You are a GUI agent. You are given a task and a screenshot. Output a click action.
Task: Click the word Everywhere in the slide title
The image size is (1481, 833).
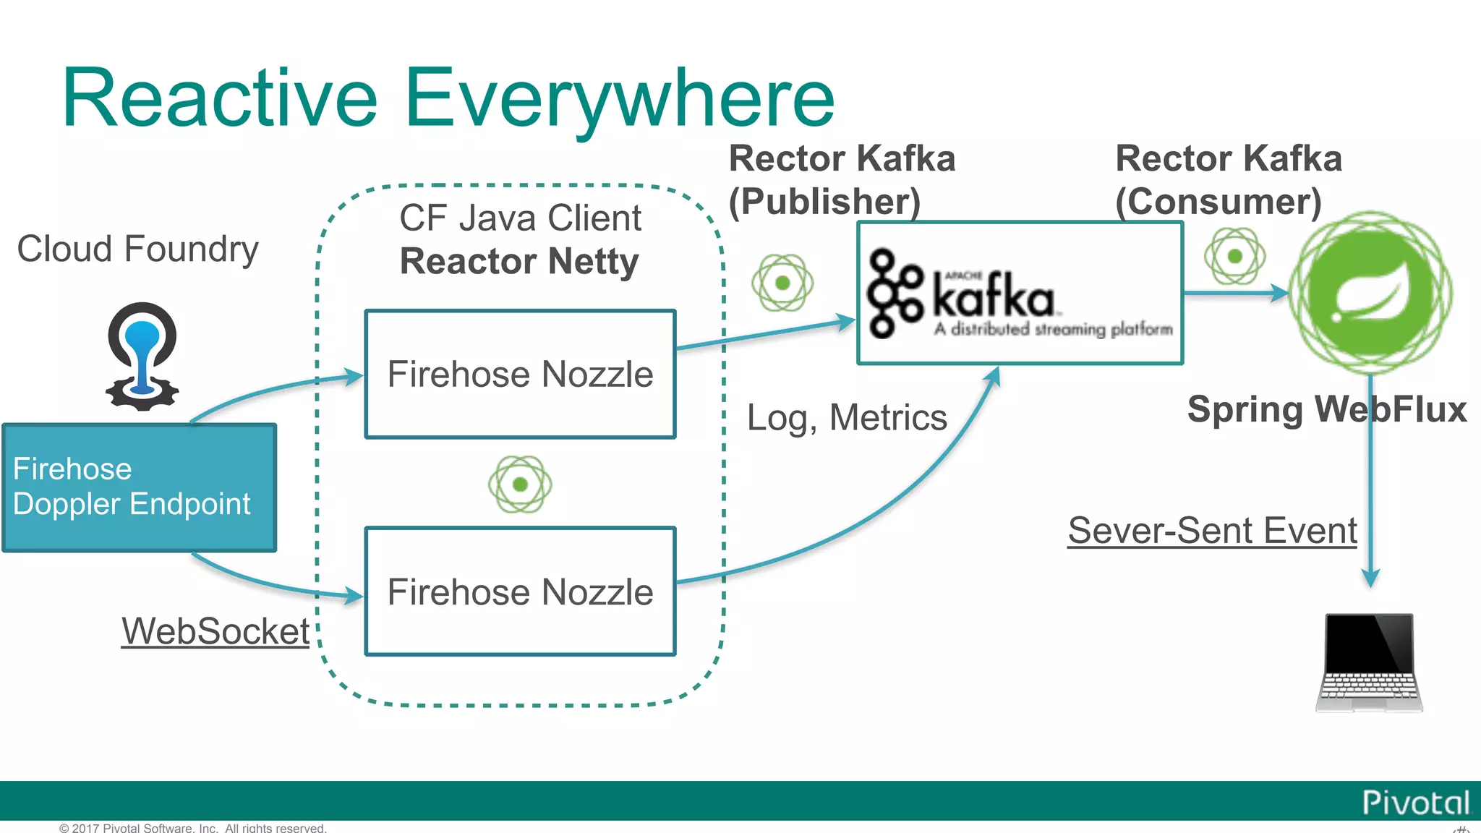(619, 99)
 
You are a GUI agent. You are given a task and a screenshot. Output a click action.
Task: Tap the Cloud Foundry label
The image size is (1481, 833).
(137, 249)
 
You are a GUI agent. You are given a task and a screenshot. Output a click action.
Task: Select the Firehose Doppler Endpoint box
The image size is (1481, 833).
(139, 487)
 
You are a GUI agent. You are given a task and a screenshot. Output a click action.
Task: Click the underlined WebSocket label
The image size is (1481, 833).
(215, 631)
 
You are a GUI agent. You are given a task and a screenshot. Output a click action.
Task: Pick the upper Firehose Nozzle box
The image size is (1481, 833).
(520, 375)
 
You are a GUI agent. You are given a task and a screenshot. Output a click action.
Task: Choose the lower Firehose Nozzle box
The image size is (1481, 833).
(520, 591)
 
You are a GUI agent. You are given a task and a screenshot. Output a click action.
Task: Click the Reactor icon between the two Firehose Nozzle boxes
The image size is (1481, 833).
(520, 484)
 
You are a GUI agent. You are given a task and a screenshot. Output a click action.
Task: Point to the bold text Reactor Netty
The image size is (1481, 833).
(519, 261)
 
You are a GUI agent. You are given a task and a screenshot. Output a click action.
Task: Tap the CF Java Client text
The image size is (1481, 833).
(520, 218)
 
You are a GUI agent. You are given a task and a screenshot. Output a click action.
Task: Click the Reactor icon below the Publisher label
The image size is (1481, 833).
(782, 283)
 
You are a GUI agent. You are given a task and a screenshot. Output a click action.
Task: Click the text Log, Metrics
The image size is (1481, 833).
(847, 417)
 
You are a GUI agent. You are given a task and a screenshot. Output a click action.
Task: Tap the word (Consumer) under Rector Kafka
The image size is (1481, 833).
(1218, 201)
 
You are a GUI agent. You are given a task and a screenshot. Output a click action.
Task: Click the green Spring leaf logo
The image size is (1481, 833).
(1370, 293)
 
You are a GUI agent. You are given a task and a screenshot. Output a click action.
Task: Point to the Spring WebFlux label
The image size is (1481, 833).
(1326, 409)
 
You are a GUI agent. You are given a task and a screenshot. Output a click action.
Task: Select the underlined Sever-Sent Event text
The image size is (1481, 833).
(1212, 530)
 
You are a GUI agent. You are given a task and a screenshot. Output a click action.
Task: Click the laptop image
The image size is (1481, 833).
(1369, 662)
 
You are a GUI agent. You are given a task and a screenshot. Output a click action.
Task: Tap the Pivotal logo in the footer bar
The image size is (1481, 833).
(1416, 803)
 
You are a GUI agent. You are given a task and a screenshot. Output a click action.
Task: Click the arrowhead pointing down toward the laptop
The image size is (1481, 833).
(1370, 578)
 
